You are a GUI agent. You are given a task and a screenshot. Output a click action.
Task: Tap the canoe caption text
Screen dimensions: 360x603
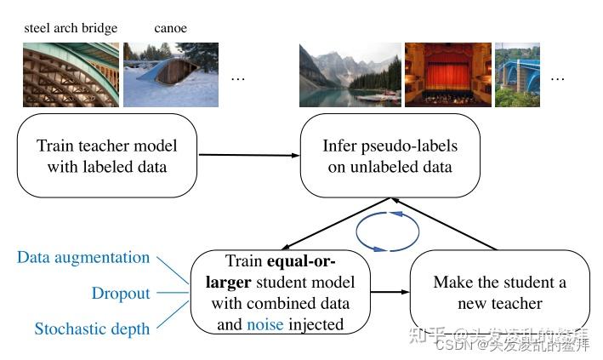(170, 28)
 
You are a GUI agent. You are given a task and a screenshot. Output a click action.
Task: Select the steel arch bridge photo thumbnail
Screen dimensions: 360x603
(71, 75)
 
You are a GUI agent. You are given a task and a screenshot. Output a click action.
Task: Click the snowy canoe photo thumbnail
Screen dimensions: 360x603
(171, 75)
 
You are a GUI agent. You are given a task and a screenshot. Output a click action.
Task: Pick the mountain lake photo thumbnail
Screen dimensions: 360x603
(350, 75)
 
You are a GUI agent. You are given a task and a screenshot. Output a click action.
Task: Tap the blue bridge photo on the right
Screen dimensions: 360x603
(517, 75)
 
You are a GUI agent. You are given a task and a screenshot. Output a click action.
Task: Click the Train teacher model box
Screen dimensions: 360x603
(107, 155)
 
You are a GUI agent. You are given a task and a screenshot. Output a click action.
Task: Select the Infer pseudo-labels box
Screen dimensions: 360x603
(390, 156)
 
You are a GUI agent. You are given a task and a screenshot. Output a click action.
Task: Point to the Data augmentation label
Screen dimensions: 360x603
(83, 258)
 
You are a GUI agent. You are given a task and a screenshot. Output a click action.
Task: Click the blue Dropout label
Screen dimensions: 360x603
(121, 294)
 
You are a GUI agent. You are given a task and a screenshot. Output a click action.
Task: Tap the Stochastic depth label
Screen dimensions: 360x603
(92, 329)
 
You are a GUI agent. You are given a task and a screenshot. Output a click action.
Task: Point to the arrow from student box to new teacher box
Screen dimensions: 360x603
(390, 292)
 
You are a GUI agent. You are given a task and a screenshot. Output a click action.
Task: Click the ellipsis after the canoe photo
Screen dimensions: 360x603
(237, 77)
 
